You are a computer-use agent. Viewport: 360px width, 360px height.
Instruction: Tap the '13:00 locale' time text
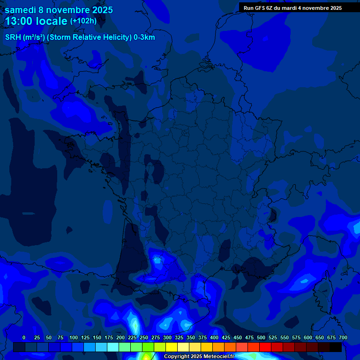pos(36,21)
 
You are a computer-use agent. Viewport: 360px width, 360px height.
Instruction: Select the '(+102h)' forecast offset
pos(83,21)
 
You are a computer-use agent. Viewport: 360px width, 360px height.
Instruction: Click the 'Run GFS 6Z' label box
pos(292,8)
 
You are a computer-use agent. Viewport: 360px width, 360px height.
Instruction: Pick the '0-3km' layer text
pos(144,37)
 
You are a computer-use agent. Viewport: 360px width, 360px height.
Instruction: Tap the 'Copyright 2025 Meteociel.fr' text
pos(199,357)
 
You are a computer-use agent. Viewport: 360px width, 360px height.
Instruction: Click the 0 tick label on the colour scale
pos(24,337)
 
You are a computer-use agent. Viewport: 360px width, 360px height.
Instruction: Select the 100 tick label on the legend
pos(74,337)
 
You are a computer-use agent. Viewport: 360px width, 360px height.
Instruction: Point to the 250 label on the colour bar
pos(144,337)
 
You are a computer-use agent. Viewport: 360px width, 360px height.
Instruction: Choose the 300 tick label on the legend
pos(167,337)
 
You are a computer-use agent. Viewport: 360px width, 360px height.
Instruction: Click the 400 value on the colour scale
pos(214,337)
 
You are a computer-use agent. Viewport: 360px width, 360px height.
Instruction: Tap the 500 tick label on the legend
pos(261,337)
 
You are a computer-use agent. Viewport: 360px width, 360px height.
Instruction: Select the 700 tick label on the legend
pos(343,337)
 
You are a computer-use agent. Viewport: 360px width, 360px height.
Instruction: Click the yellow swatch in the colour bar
pos(172,347)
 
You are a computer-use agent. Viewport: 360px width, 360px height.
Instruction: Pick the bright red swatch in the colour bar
pos(265,347)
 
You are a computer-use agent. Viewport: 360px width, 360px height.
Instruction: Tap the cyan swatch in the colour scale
pos(113,347)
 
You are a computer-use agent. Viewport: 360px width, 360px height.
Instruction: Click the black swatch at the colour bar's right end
pos(336,347)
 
